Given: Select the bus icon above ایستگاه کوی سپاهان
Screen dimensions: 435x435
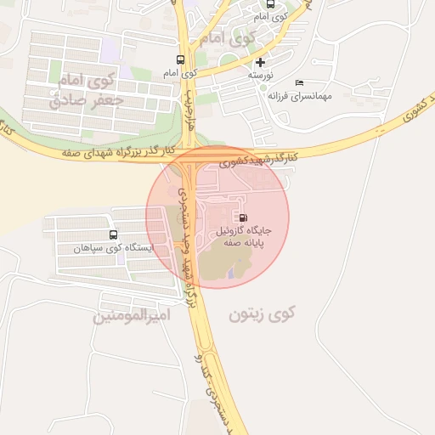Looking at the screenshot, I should click(x=114, y=234).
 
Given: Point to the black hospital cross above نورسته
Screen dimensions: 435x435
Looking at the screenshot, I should click(x=260, y=62).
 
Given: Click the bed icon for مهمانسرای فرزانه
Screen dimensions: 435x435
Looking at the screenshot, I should click(x=299, y=82).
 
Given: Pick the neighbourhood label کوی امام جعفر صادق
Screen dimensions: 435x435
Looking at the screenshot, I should click(x=86, y=91).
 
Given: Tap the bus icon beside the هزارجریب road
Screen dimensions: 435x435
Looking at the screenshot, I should click(x=179, y=59).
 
